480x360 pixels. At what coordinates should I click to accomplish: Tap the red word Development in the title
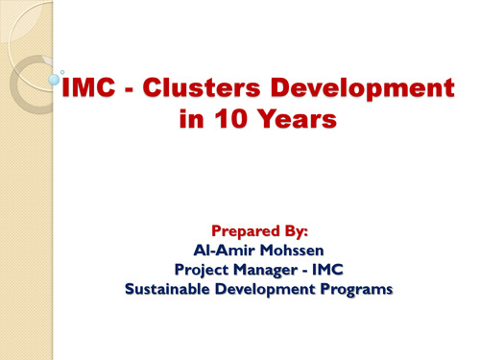point(373,91)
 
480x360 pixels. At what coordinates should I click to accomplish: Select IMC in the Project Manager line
point(340,271)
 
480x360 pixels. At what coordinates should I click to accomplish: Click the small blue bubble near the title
point(55,82)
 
